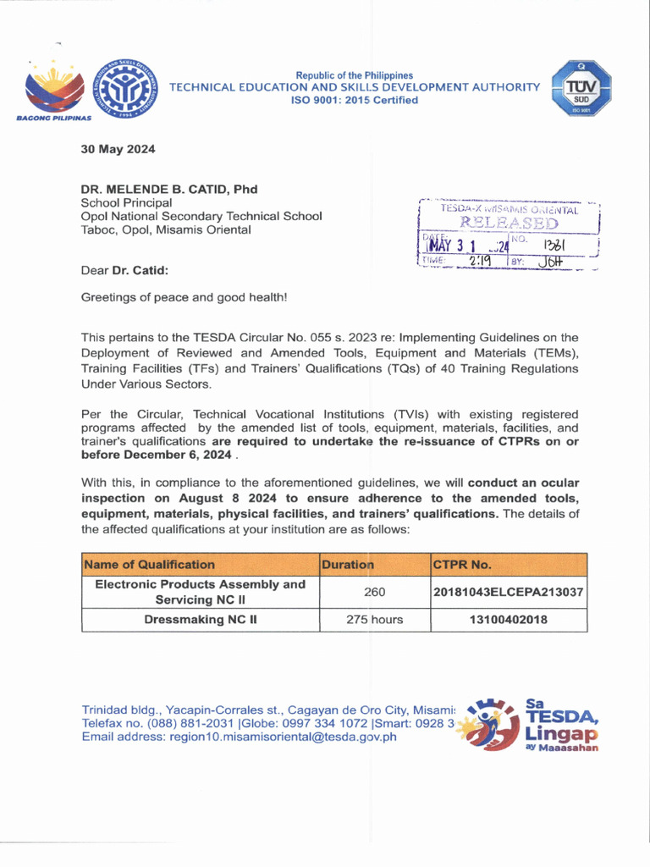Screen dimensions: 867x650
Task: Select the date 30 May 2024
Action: (x=118, y=150)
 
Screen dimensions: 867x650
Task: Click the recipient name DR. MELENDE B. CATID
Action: (x=168, y=189)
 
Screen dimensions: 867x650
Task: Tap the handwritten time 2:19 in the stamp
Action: (x=480, y=262)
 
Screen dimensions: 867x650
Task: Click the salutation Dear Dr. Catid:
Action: (x=124, y=271)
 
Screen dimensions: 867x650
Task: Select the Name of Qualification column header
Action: (x=149, y=564)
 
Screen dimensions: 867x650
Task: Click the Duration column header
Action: (x=347, y=564)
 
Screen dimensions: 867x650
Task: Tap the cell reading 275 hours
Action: (x=375, y=619)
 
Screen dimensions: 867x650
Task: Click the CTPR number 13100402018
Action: (x=508, y=619)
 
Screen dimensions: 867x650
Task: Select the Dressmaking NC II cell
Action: (x=201, y=619)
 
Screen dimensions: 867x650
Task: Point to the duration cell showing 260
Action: (x=375, y=591)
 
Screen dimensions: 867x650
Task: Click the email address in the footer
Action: (x=239, y=737)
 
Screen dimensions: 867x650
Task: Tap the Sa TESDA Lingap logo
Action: (x=533, y=725)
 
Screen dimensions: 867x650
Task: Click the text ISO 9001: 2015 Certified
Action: (x=355, y=100)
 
